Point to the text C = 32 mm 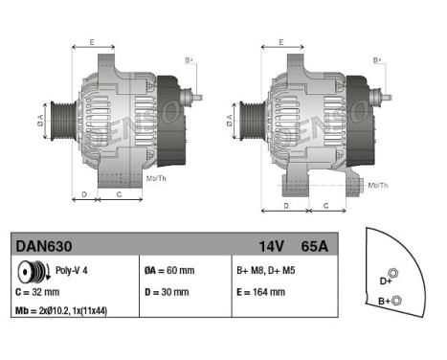(x=39, y=291)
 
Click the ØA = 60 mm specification (x=170, y=272)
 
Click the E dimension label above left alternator (x=92, y=42)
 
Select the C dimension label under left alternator (x=118, y=194)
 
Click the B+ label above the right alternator (x=377, y=60)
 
